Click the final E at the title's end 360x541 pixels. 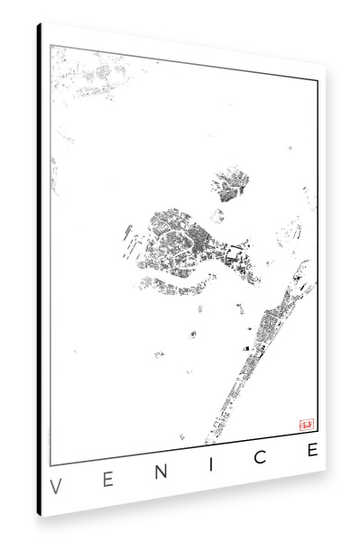point(311,450)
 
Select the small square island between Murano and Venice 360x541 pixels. point(217,215)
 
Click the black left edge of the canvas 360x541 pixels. point(39,270)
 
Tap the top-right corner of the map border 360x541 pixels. point(317,80)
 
